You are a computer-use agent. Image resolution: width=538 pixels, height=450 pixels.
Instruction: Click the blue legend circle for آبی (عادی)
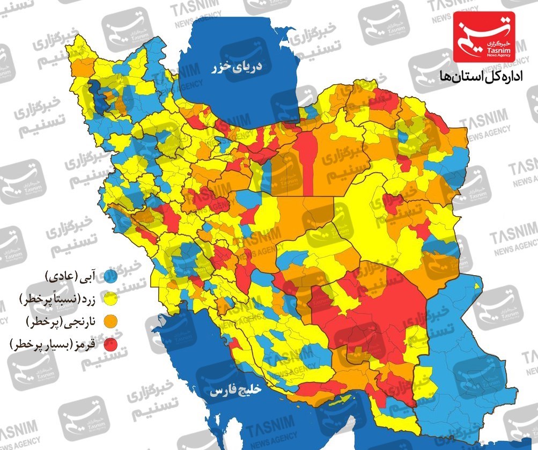pos(110,277)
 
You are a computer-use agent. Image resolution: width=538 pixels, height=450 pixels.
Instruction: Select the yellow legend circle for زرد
pos(110,299)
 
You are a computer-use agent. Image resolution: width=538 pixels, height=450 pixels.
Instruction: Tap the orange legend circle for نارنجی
pos(110,321)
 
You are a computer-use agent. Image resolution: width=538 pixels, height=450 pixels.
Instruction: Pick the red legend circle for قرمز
pos(110,344)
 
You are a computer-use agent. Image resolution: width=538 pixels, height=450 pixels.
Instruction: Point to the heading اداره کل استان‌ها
pos(477,77)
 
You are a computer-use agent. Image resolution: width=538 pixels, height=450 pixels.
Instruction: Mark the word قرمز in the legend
pos(87,344)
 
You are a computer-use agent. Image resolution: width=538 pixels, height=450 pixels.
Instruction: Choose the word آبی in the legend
pos(90,277)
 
